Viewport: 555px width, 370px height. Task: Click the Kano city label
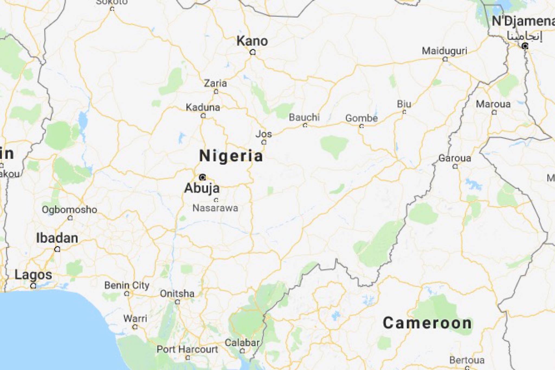point(252,41)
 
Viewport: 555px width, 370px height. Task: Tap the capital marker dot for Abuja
point(202,177)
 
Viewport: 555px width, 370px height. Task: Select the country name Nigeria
point(231,156)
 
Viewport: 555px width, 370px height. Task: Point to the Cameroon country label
point(427,323)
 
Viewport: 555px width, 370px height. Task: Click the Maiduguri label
point(444,51)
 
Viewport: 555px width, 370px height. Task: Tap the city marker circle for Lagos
point(33,285)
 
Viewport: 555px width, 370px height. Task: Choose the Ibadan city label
point(57,238)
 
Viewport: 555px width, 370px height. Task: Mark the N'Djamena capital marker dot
point(525,46)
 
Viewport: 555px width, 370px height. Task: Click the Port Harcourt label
point(187,349)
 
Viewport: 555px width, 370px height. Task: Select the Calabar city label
point(242,343)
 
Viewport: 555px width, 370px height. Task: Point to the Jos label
point(263,134)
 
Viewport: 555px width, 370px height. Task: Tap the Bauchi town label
point(304,117)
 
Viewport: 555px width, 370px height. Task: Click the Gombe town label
point(361,118)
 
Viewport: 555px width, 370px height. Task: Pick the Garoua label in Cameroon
point(455,158)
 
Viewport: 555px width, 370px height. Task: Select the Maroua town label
point(493,104)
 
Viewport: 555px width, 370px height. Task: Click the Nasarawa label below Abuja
point(215,208)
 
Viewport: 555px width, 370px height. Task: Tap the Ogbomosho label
point(69,210)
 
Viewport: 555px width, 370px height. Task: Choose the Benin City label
point(127,285)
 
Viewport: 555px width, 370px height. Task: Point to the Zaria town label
point(215,83)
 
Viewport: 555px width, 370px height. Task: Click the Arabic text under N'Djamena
point(524,36)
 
